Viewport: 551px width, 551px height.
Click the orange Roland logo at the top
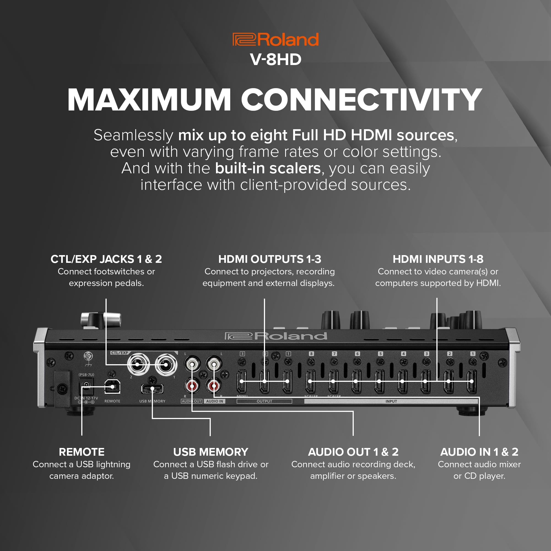[275, 39]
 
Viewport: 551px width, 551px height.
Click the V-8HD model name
[275, 59]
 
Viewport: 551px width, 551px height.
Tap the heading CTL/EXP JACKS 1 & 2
[106, 259]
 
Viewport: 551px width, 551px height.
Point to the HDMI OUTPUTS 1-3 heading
[269, 259]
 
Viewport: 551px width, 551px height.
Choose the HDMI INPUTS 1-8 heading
[438, 259]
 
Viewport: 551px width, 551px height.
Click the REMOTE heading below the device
[82, 452]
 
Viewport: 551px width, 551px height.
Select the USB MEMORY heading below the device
[210, 452]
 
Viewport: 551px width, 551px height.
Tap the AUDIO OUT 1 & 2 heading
[353, 452]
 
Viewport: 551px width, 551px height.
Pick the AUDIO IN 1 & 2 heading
[479, 452]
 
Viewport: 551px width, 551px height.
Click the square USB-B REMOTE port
[112, 387]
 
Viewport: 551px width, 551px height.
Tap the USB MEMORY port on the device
[152, 388]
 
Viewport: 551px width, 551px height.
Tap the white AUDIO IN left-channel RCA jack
[214, 364]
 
